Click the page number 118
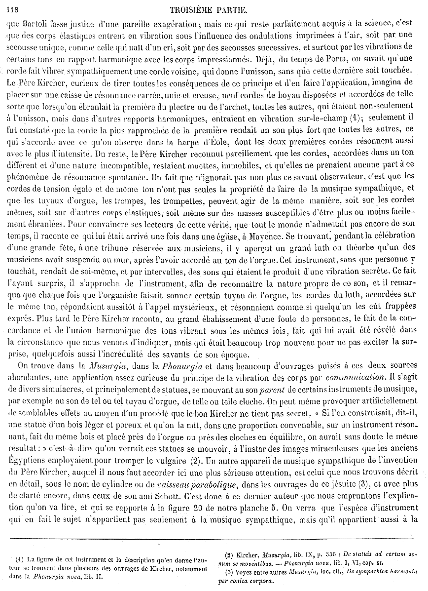click(x=10, y=8)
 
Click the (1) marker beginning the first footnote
click(x=19, y=559)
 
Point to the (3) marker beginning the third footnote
click(x=229, y=572)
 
